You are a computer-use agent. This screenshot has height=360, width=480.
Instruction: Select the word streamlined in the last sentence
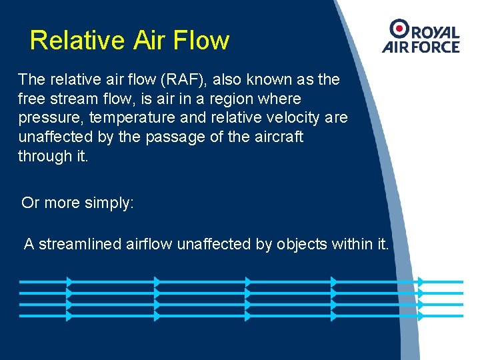80,244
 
